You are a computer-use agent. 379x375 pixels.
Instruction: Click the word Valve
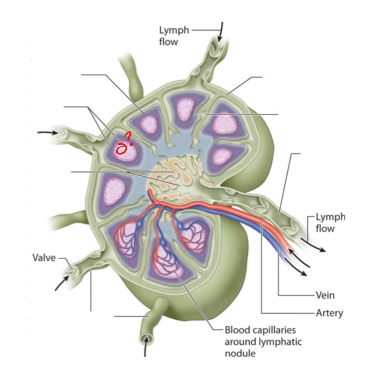44,258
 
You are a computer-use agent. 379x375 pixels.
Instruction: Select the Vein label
325,295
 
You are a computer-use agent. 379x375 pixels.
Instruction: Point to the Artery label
329,313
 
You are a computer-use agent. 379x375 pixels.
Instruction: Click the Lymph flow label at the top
174,36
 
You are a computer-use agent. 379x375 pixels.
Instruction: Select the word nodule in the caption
240,353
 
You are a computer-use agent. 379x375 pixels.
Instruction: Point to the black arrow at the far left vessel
47,133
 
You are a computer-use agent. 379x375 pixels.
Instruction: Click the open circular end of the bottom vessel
146,338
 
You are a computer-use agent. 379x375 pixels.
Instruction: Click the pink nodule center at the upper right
225,123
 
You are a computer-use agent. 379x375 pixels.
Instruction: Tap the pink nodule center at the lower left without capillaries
114,190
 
